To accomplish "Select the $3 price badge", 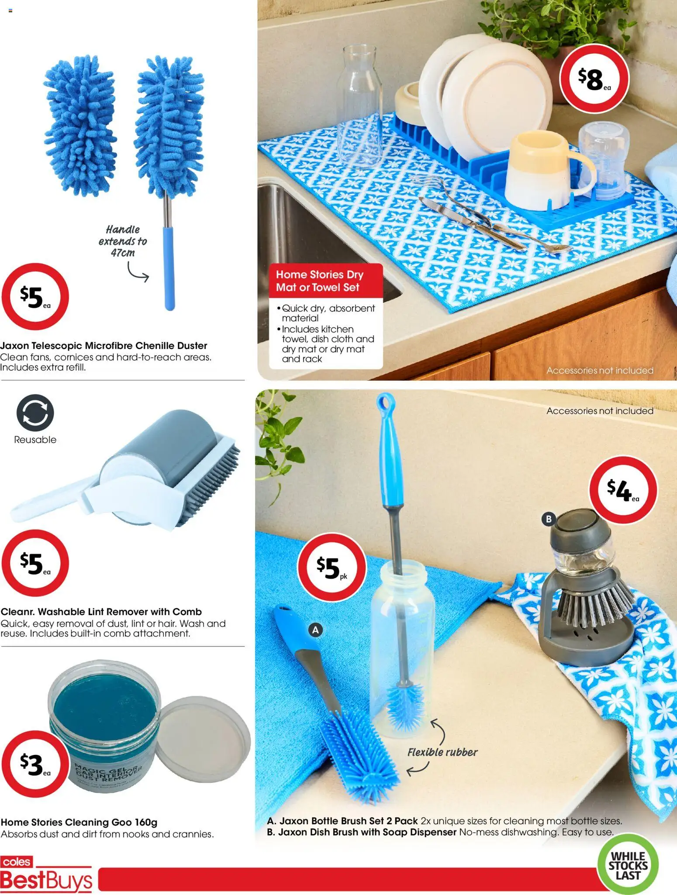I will click(x=35, y=764).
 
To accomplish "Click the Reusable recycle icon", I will click(x=35, y=413).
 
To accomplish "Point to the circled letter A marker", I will click(x=315, y=630).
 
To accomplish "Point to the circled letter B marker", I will click(x=549, y=519).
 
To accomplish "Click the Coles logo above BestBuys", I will click(x=17, y=862).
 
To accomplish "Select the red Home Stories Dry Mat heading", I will click(x=325, y=281).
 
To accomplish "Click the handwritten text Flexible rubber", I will click(x=442, y=752).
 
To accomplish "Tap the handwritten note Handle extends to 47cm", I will click(x=122, y=241).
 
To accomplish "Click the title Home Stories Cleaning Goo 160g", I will click(x=79, y=822).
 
